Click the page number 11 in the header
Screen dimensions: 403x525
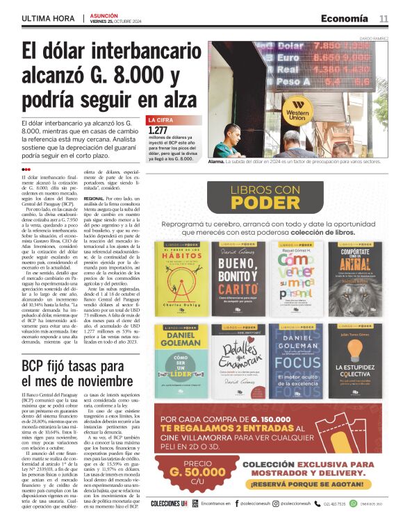click(x=384, y=19)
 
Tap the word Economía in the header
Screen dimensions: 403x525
click(x=344, y=19)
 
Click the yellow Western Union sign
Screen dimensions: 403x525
click(x=297, y=111)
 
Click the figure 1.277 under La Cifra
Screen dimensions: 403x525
click(x=158, y=130)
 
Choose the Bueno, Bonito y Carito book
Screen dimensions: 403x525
click(x=237, y=278)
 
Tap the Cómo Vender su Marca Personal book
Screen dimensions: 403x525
click(x=296, y=278)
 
